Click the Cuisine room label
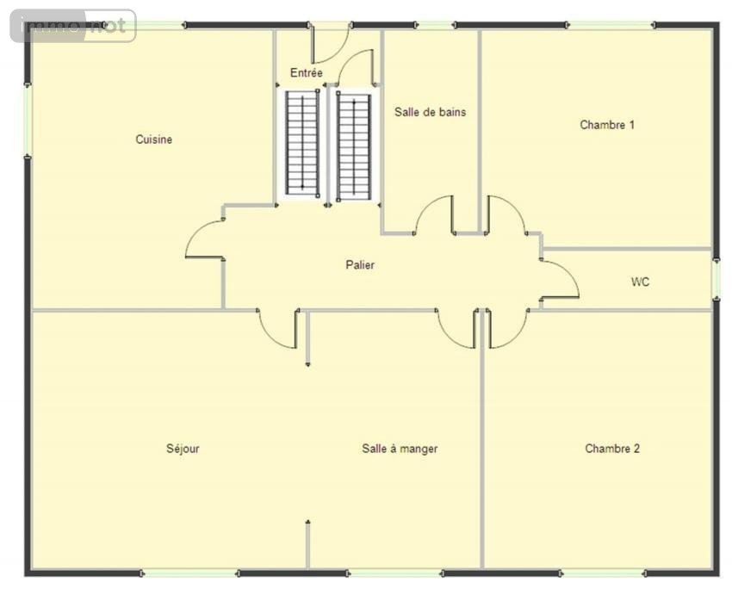coord(153,139)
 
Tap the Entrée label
coord(307,73)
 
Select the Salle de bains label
coord(430,112)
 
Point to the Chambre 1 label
coord(607,125)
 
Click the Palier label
coord(360,265)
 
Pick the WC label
coord(640,282)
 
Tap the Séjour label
coord(183,449)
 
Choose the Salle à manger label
coord(400,449)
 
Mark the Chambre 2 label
coord(612,449)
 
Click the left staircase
coord(302,144)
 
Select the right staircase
coord(354,146)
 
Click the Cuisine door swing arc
coord(195,233)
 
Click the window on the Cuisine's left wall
coord(28,121)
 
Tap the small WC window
coord(716,279)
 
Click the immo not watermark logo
coord(73,26)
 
